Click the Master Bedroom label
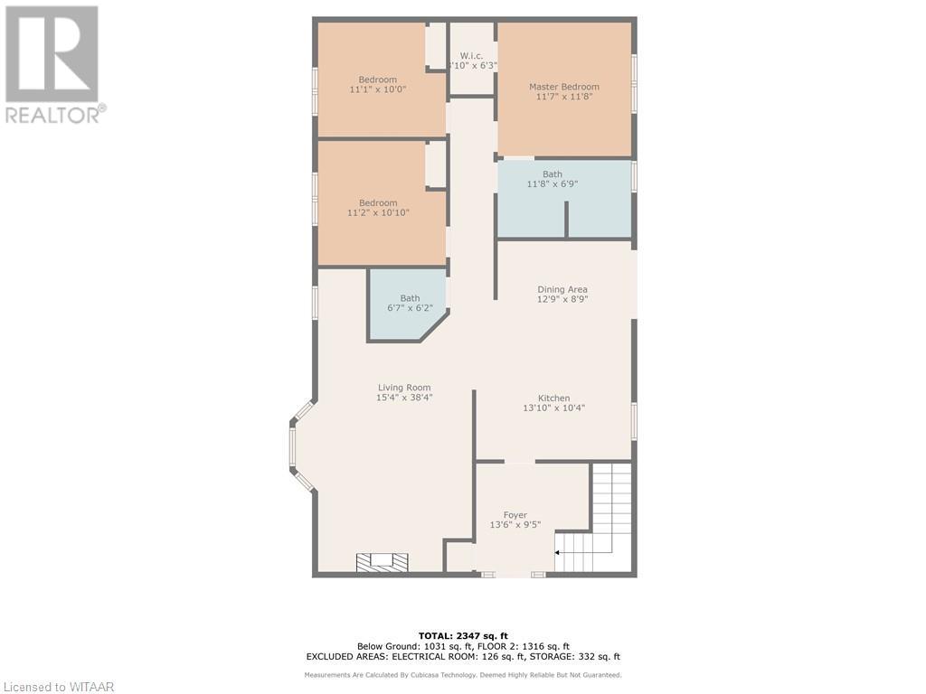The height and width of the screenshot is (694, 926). point(563,87)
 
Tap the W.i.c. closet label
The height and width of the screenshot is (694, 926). point(471,55)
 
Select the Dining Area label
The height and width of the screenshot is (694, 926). point(562,289)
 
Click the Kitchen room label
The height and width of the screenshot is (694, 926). point(553,398)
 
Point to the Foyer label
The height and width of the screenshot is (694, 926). point(515,515)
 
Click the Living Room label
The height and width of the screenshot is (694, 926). point(404,387)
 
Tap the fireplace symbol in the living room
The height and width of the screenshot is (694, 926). point(382,562)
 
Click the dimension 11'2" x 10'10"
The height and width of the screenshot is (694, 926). point(378,213)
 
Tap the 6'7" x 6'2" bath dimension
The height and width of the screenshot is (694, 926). point(410,308)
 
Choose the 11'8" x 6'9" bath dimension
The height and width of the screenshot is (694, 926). point(552,184)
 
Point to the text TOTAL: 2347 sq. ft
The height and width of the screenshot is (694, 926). point(462,635)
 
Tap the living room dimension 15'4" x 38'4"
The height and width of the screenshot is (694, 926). point(404,398)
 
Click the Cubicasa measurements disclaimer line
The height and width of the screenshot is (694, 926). point(462,675)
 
